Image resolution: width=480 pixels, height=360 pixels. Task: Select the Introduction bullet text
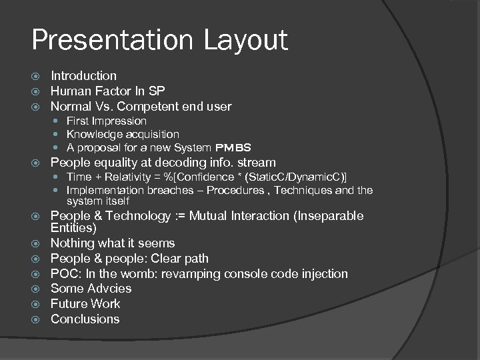click(83, 76)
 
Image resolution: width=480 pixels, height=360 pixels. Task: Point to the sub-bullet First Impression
click(106, 121)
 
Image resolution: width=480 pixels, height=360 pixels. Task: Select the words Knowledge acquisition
click(123, 135)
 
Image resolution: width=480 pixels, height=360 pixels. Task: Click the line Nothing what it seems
click(113, 243)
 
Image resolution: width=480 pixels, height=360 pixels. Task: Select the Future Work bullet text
click(85, 304)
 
